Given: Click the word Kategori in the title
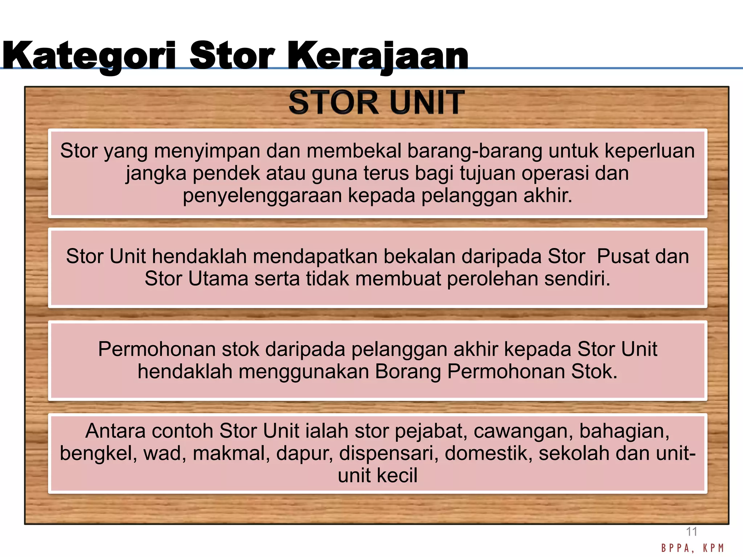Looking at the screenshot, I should point(89,56).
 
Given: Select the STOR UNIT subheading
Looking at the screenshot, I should point(376,103).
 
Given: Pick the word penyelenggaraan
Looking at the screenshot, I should point(262,195).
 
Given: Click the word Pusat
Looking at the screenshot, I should point(623,256).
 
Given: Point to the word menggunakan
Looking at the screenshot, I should point(304,371).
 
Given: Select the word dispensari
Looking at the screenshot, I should point(389,453).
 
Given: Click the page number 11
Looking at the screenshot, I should point(691,532).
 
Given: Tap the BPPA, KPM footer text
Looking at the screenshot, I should point(693,548).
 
